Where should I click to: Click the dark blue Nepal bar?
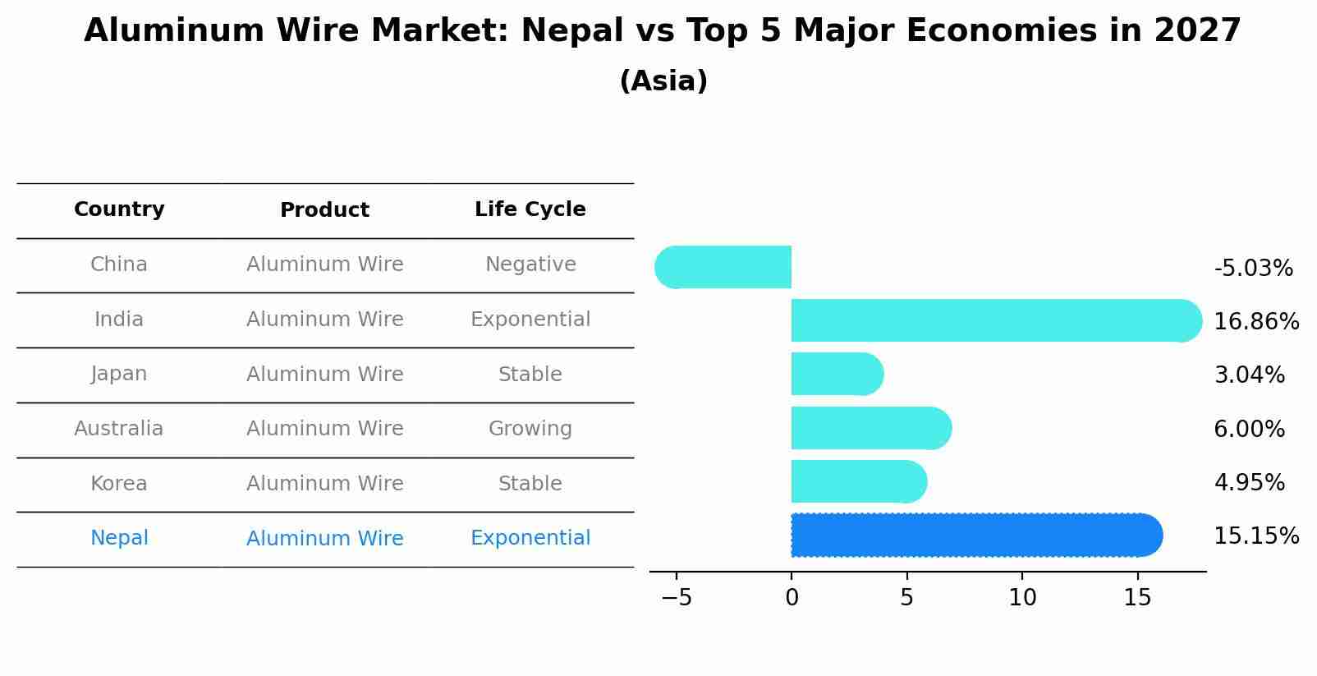[975, 535]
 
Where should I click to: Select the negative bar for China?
[724, 267]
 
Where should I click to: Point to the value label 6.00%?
[1249, 429]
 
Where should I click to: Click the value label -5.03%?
[1253, 269]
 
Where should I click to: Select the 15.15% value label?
[1256, 536]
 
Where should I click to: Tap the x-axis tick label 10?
[1022, 598]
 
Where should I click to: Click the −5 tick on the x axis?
[677, 598]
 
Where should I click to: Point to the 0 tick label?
[792, 598]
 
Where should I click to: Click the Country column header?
[119, 209]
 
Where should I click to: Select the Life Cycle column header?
[530, 209]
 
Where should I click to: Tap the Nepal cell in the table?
[119, 538]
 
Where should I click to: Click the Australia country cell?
[119, 429]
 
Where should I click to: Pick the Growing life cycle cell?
[530, 429]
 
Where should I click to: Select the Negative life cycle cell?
[530, 264]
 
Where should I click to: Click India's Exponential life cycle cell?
[530, 320]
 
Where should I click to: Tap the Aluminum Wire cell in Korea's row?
[325, 484]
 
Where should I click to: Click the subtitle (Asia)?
[663, 81]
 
